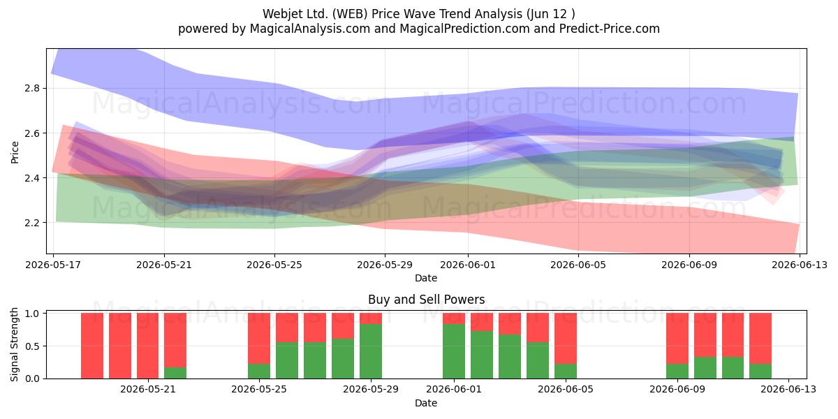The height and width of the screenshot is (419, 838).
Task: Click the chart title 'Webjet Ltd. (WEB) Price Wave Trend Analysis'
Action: click(392, 14)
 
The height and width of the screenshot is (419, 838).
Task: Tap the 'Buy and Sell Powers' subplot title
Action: click(427, 300)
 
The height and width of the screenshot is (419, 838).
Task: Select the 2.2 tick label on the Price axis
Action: click(32, 223)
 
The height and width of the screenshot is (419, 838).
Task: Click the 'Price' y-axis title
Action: click(15, 153)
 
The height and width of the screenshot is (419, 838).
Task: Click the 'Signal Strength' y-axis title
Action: click(14, 344)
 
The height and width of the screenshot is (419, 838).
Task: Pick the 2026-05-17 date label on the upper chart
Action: click(53, 265)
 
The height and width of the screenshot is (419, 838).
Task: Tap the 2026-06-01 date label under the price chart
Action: click(468, 265)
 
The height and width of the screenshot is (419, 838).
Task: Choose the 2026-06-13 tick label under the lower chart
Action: click(788, 390)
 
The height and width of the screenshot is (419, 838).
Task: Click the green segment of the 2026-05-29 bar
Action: click(371, 351)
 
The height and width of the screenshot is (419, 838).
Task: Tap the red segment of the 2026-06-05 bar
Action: click(566, 339)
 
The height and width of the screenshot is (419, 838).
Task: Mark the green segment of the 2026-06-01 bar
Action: click(454, 351)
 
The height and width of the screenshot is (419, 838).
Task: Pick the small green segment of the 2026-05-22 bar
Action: click(175, 373)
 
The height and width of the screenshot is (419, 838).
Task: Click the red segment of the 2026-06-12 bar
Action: click(760, 339)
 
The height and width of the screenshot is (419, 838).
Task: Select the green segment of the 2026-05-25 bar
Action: click(259, 371)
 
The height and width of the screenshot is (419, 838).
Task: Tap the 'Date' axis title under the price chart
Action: click(426, 278)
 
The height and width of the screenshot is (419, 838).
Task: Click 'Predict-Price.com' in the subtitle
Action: click(610, 29)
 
